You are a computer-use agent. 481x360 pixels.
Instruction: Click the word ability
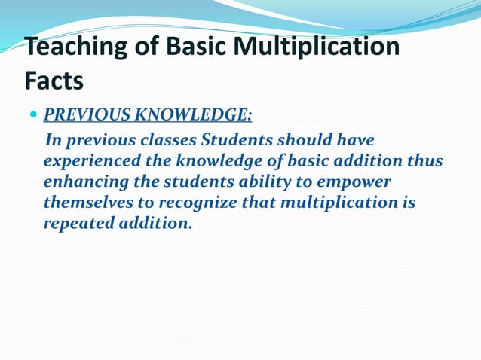(272, 182)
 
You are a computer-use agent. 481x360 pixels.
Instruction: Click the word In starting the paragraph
(55, 141)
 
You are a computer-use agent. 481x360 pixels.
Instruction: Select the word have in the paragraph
(356, 141)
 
